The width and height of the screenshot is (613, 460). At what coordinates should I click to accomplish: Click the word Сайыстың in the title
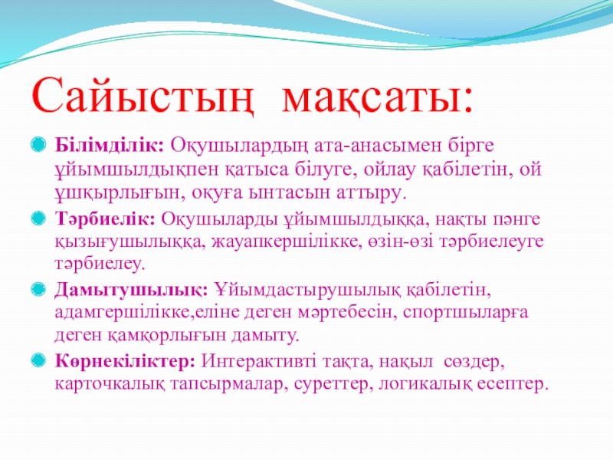point(143,96)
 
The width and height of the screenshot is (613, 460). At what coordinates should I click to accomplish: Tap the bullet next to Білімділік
point(38,144)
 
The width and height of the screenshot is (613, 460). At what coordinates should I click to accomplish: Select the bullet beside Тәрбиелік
point(38,219)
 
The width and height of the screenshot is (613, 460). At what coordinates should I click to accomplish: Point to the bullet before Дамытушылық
point(38,290)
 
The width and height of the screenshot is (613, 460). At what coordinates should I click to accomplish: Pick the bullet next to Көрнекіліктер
point(38,360)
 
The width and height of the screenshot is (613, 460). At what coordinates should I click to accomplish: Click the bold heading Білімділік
point(109,145)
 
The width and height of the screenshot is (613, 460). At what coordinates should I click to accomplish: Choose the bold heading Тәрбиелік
point(105,219)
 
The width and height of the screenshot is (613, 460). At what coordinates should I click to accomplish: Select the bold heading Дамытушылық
point(131,291)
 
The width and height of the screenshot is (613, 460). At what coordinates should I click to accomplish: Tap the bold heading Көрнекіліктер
point(125,360)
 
